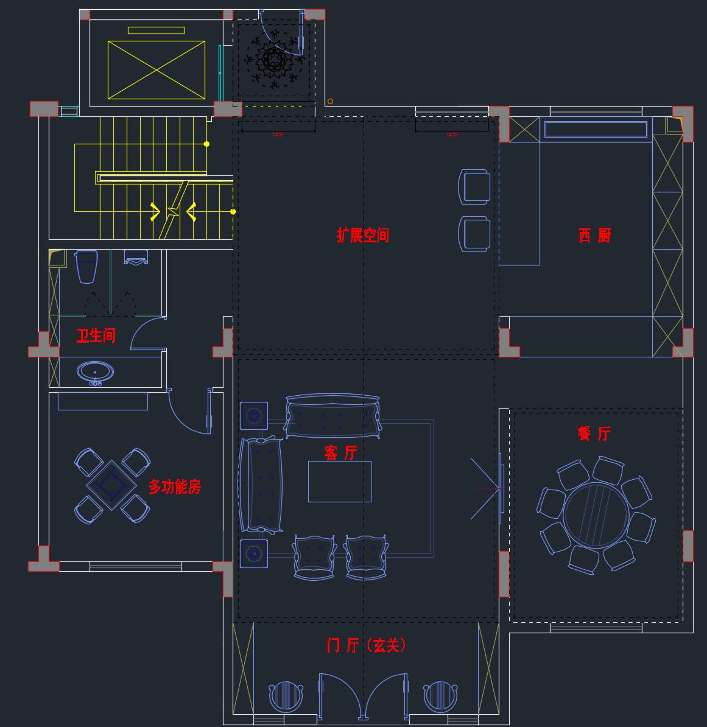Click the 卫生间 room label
(96, 335)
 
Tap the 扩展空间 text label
(363, 235)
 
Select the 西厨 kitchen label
(594, 235)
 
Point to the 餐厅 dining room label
(594, 434)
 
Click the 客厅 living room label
(340, 452)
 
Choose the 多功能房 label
(175, 486)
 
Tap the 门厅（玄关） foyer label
(366, 645)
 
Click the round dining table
(595, 515)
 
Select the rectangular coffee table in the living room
(339, 481)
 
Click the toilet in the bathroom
(86, 265)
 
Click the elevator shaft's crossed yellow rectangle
(157, 69)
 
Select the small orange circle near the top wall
(330, 102)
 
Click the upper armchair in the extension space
(474, 186)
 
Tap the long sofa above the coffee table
(332, 416)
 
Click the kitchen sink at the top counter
(596, 129)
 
